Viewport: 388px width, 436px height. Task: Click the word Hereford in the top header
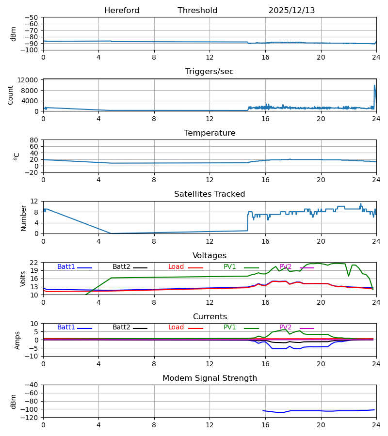click(122, 11)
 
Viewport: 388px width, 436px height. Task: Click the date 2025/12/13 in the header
click(291, 11)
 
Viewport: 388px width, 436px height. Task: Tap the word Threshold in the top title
click(197, 11)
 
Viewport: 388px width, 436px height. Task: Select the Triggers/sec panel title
click(210, 72)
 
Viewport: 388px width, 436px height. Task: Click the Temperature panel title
click(210, 133)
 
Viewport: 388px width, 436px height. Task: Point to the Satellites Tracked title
click(210, 194)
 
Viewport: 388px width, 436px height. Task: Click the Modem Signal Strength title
click(210, 378)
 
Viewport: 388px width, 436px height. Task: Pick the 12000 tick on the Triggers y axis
click(30, 80)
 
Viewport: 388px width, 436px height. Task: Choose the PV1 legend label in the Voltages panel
click(230, 267)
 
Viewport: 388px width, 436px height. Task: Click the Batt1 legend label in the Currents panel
click(66, 327)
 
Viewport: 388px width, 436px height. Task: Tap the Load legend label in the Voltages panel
click(176, 267)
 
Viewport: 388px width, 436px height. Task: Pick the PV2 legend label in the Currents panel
click(286, 327)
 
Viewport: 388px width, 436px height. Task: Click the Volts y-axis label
click(23, 279)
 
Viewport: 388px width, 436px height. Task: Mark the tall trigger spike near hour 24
click(374, 86)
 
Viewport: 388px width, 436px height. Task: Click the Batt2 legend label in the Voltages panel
click(121, 267)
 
